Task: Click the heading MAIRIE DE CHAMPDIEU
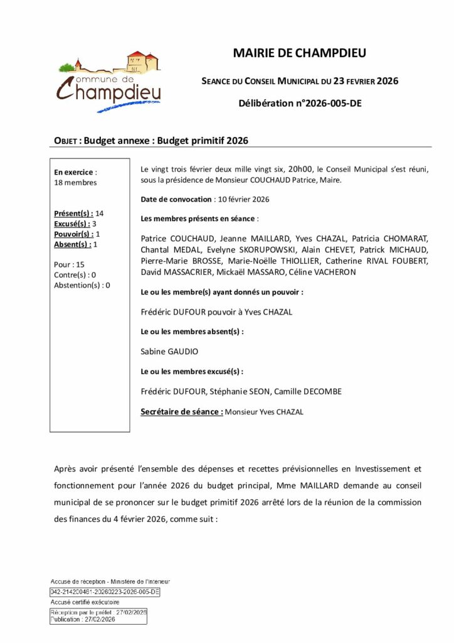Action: [x=299, y=54]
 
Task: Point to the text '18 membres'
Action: [x=76, y=183]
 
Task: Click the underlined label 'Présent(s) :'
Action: [x=74, y=213]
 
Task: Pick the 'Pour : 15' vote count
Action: [x=70, y=264]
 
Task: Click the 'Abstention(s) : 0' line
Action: [x=82, y=285]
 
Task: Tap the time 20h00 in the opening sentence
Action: [x=300, y=170]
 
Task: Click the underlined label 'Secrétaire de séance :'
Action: [x=182, y=412]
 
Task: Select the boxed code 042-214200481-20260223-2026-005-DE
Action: [x=105, y=592]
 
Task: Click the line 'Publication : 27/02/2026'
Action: [x=83, y=619]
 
